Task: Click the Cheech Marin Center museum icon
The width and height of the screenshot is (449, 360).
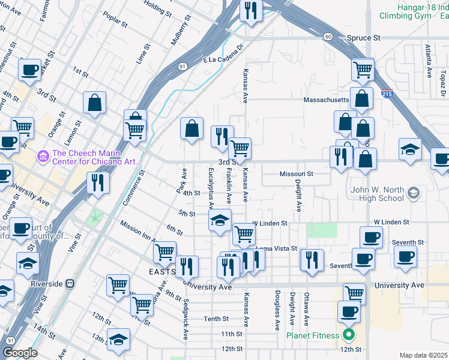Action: (x=42, y=157)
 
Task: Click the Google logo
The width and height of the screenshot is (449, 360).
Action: (x=20, y=353)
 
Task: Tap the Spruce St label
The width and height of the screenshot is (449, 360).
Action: (x=364, y=37)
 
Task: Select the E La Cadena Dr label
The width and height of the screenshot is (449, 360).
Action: (x=225, y=53)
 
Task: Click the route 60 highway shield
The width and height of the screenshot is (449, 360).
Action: (x=328, y=37)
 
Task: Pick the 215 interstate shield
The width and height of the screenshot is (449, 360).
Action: (x=387, y=94)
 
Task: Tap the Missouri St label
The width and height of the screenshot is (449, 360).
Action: (x=297, y=174)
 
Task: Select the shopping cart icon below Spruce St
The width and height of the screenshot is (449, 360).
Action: (x=363, y=70)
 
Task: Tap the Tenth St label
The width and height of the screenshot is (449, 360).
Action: (x=216, y=319)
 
